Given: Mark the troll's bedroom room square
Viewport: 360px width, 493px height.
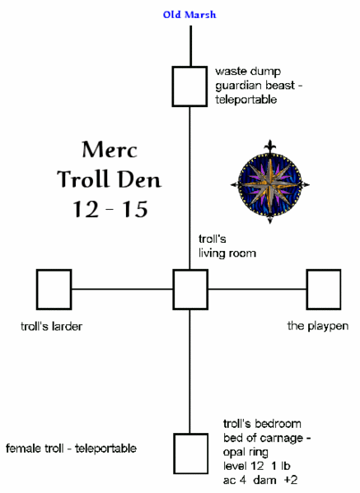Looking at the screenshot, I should pyautogui.click(x=190, y=450).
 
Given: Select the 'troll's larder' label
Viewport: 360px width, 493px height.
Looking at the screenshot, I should pyautogui.click(x=52, y=326).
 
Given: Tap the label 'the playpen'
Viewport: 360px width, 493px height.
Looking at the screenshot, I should pyautogui.click(x=318, y=326).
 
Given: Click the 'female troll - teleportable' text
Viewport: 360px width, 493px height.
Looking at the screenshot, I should pyautogui.click(x=72, y=449).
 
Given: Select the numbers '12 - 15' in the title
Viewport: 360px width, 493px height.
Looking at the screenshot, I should pyautogui.click(x=105, y=209).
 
